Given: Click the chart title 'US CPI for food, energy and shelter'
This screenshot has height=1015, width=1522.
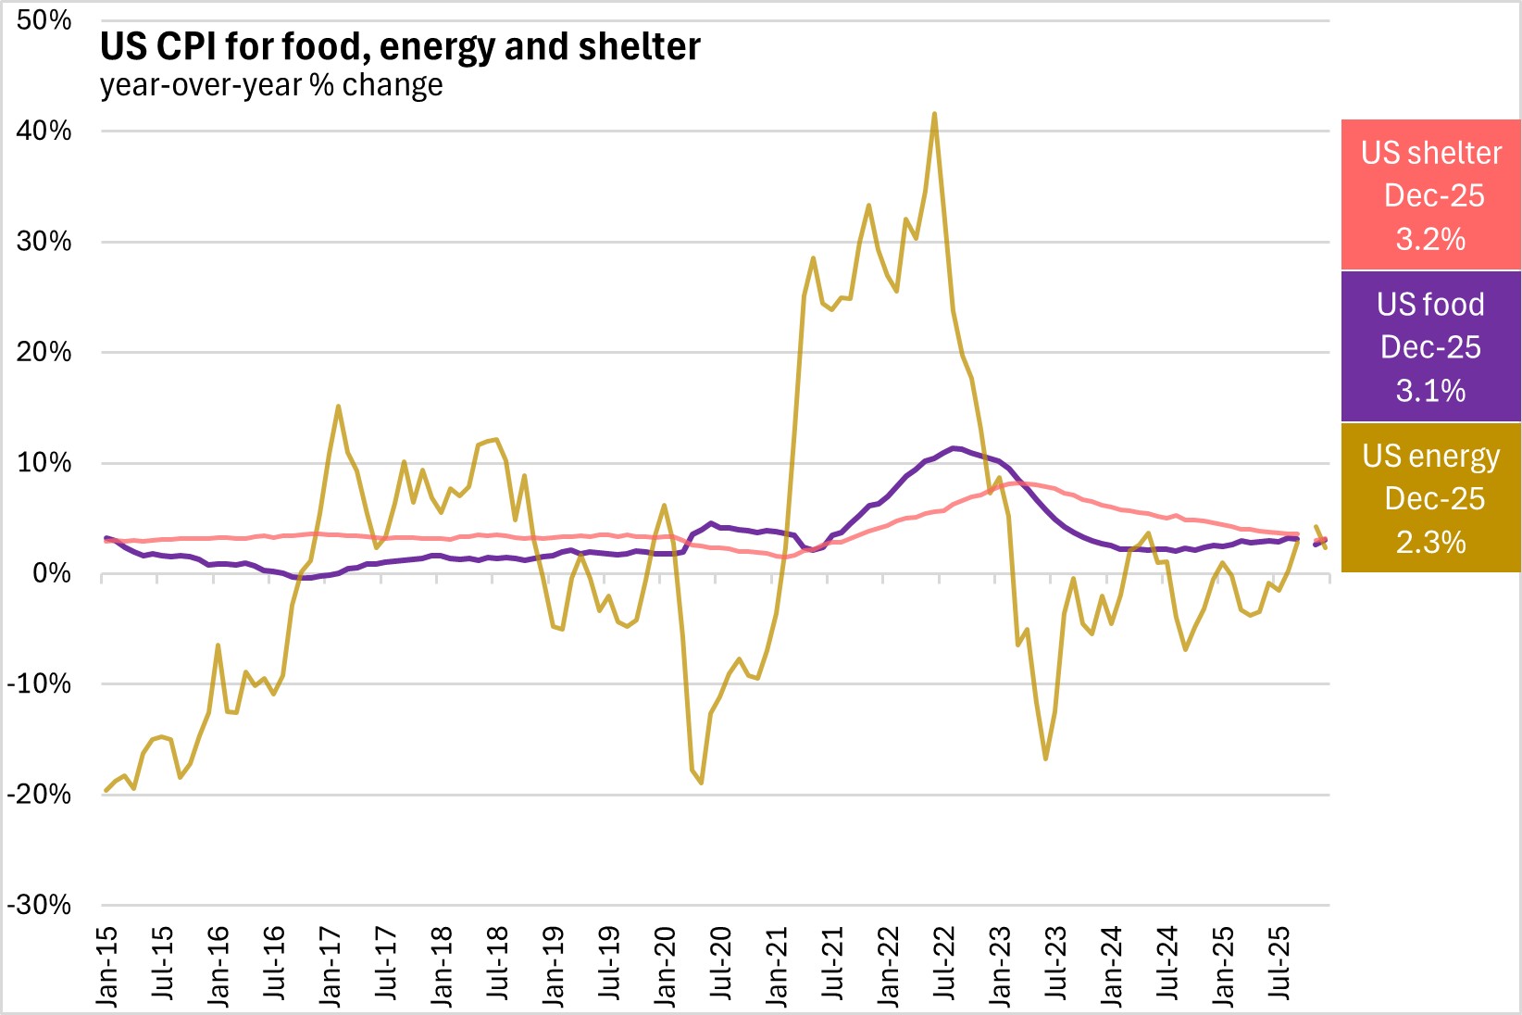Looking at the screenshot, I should (x=400, y=46).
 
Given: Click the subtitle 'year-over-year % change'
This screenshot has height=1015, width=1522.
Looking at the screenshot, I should (x=271, y=85).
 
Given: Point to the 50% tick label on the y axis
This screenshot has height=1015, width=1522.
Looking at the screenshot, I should (x=44, y=20).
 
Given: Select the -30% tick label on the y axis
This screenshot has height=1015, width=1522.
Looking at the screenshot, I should (x=39, y=905).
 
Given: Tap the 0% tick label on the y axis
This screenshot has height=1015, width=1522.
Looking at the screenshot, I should (x=52, y=573).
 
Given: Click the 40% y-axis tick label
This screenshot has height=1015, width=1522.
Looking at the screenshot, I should (x=44, y=131).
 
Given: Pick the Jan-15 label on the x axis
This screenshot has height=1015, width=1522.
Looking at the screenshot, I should (x=107, y=966).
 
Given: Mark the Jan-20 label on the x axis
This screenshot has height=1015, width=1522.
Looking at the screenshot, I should (x=666, y=966).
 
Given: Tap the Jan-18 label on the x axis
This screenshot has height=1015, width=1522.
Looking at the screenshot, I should (x=442, y=966).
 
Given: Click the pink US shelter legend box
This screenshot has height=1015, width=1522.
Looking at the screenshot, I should (x=1430, y=194).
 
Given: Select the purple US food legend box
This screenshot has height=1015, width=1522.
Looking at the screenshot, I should (x=1430, y=346).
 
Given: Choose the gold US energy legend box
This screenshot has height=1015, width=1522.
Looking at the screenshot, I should (x=1430, y=498).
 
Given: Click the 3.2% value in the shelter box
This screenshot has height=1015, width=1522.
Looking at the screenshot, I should (x=1430, y=239).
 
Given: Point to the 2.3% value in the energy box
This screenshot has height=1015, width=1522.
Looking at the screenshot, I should (x=1430, y=542).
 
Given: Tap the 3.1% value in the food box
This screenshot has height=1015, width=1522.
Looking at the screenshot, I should (x=1430, y=390).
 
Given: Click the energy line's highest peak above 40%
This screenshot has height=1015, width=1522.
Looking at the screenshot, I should (x=934, y=114).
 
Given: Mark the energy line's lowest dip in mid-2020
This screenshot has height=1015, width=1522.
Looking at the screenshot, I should (x=702, y=783).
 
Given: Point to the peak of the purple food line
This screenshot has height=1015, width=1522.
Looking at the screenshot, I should (x=954, y=448).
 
